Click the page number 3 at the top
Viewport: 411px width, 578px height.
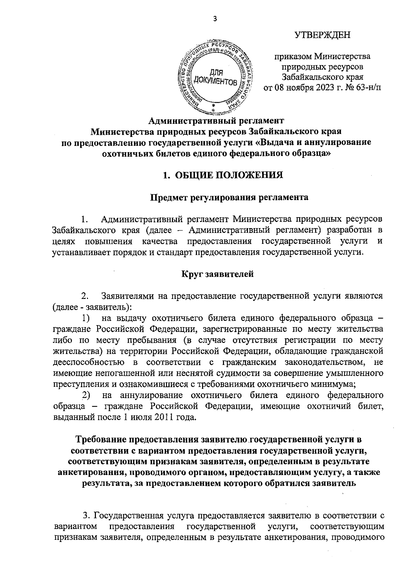coord(215,19)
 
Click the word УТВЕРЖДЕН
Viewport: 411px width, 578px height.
coord(323,35)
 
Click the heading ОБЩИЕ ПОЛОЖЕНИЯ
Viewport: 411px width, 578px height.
coord(229,175)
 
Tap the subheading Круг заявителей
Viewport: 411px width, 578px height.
coord(217,274)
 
